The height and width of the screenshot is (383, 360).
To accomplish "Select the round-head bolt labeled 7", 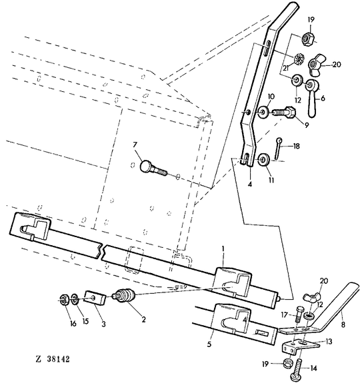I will (x=151, y=167).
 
